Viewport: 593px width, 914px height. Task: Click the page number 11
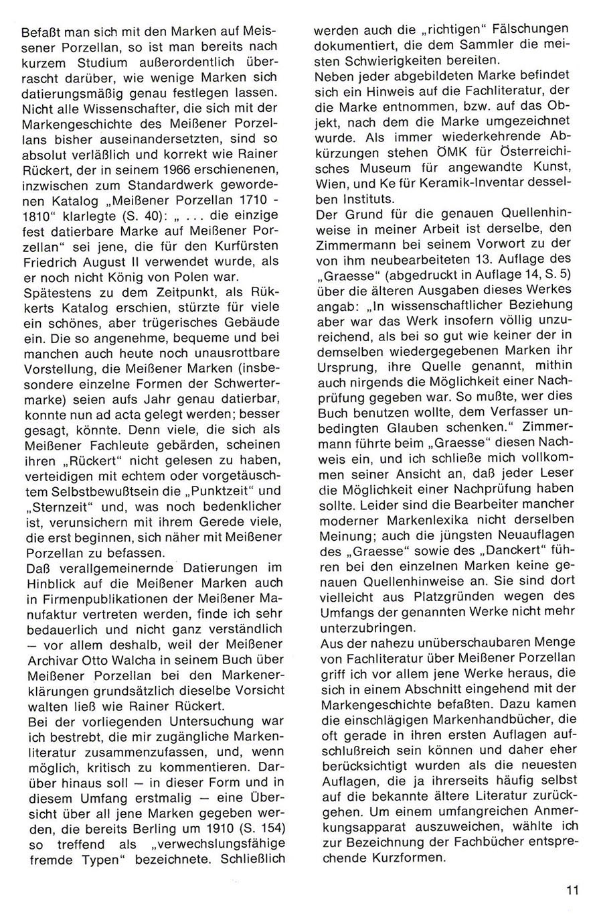[570, 891]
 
